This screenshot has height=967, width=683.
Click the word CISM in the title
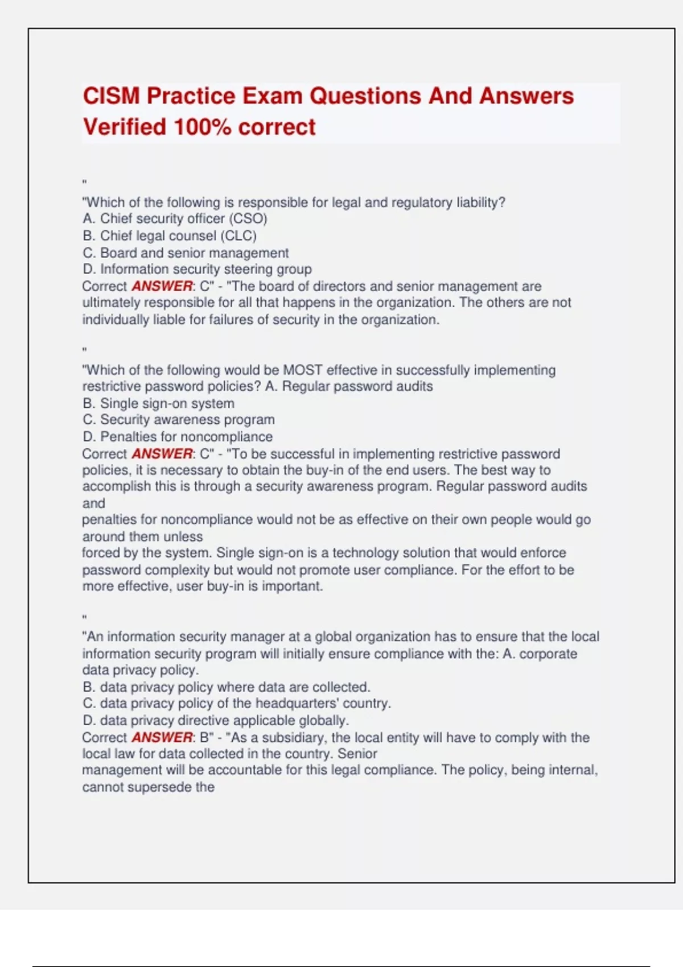(x=111, y=96)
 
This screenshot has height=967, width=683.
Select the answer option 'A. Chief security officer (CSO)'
(x=175, y=219)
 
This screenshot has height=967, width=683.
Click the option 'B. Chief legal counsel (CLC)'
(x=170, y=235)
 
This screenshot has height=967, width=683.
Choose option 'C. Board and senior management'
(x=186, y=253)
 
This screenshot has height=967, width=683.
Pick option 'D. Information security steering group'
(x=197, y=269)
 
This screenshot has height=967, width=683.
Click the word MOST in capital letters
(x=303, y=370)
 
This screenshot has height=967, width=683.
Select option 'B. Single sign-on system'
(x=158, y=403)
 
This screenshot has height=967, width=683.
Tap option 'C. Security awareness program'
(x=179, y=420)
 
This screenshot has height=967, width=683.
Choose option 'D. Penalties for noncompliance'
(x=178, y=437)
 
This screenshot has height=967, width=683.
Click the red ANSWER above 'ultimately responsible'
(x=162, y=286)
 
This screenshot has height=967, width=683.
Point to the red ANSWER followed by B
(x=162, y=737)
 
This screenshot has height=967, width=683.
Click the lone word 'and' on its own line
(x=93, y=503)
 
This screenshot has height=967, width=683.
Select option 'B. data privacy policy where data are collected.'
(x=227, y=687)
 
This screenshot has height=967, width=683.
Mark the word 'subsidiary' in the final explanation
(x=294, y=737)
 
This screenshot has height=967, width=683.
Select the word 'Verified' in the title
(x=125, y=127)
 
